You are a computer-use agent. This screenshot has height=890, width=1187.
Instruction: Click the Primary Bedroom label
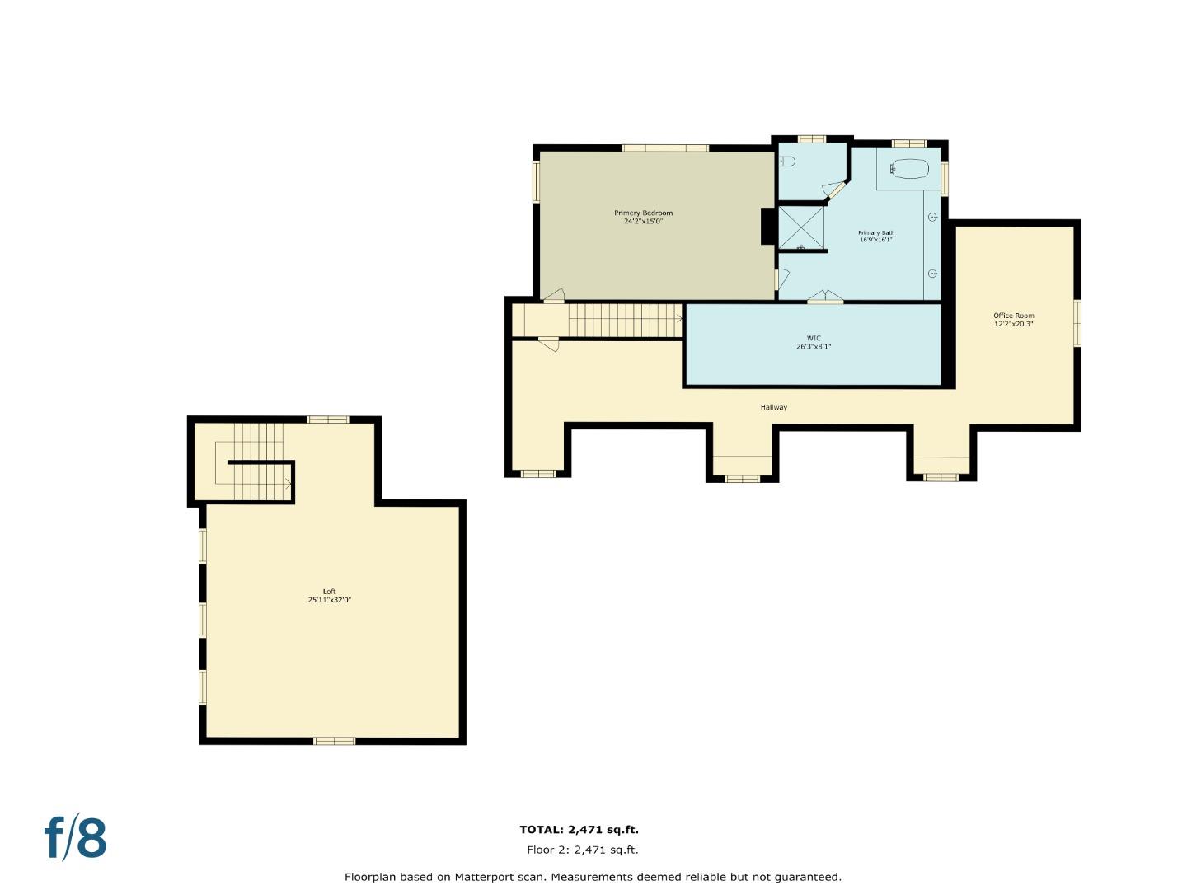point(643,213)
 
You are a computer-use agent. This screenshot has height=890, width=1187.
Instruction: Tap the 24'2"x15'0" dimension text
point(643,221)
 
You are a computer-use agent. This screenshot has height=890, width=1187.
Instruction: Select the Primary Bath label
point(876,233)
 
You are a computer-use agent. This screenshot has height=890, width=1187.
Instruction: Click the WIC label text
point(814,338)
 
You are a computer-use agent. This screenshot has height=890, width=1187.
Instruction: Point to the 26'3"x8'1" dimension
point(814,346)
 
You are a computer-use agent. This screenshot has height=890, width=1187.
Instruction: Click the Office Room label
point(1013,316)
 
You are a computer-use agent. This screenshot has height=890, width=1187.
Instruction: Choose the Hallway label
point(773,407)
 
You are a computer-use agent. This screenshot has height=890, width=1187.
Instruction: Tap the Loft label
point(330,591)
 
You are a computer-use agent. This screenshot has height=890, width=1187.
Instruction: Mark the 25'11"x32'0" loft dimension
point(330,599)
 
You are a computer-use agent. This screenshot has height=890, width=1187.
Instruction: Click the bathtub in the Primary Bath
point(909,169)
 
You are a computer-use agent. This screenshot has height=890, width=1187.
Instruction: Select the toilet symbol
point(787,161)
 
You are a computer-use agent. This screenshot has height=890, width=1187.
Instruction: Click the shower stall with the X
point(801,227)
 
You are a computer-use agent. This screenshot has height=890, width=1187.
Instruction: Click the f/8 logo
point(75,837)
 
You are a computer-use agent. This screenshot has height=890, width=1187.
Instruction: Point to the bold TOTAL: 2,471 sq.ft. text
point(579,830)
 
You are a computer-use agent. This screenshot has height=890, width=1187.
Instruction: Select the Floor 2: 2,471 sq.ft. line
point(583,850)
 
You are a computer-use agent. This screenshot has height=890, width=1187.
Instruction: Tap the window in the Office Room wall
point(1077,322)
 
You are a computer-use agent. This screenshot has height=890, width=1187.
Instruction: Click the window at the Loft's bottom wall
point(334,741)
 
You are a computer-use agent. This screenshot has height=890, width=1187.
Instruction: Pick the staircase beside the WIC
point(625,321)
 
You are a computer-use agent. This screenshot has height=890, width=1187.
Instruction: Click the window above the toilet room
point(812,139)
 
